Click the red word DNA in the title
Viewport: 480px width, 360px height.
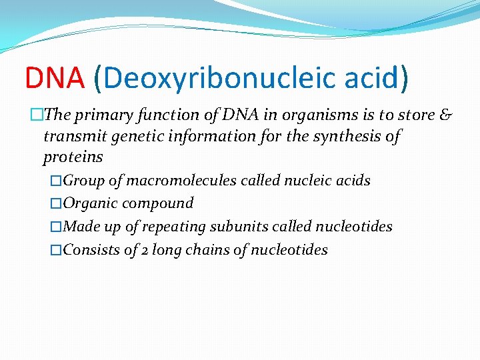click(x=55, y=77)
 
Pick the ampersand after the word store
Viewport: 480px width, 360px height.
click(x=445, y=115)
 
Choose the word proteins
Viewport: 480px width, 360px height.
click(x=73, y=157)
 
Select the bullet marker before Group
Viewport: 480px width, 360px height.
click(x=56, y=181)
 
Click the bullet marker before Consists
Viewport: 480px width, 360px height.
click(x=56, y=250)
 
